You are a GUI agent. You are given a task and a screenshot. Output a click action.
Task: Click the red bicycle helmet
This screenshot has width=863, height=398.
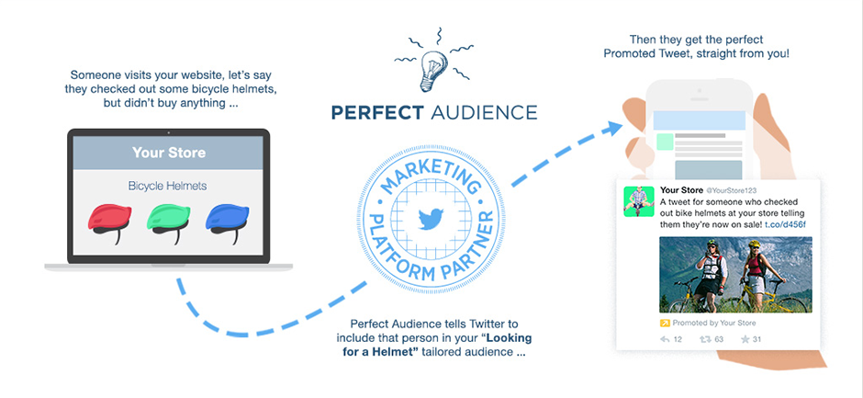coord(110,222)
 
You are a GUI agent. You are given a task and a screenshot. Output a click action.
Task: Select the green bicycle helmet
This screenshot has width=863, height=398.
coord(169,222)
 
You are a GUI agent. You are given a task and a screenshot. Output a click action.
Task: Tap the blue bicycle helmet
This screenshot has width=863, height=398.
coord(228,222)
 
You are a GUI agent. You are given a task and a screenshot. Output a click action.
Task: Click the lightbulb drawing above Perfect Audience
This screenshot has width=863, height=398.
coord(432,72)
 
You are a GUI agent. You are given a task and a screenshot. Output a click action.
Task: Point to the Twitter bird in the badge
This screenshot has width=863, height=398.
coord(431,218)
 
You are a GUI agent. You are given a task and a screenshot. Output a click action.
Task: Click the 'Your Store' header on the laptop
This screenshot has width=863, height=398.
coord(169,153)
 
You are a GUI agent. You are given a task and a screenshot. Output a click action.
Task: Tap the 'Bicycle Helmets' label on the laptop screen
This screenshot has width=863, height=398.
coord(167,186)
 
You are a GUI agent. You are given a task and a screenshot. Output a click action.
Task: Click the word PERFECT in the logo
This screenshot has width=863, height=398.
coord(377,112)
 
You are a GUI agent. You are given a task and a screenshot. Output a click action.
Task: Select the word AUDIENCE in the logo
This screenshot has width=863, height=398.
coord(484,112)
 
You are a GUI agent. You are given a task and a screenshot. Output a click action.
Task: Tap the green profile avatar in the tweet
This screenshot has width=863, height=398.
coord(638,201)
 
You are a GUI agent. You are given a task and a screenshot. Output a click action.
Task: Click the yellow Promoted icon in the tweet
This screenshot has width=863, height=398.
coord(665,323)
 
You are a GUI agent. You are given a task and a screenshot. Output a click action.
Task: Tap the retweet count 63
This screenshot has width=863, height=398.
coord(719,339)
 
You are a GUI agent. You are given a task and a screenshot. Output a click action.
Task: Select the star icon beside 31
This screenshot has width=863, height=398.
coord(745,339)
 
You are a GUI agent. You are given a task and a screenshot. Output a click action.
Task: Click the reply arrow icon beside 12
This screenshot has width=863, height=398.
coord(665,339)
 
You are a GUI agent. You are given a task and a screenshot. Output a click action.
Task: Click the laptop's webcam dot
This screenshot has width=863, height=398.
coord(168,132)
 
